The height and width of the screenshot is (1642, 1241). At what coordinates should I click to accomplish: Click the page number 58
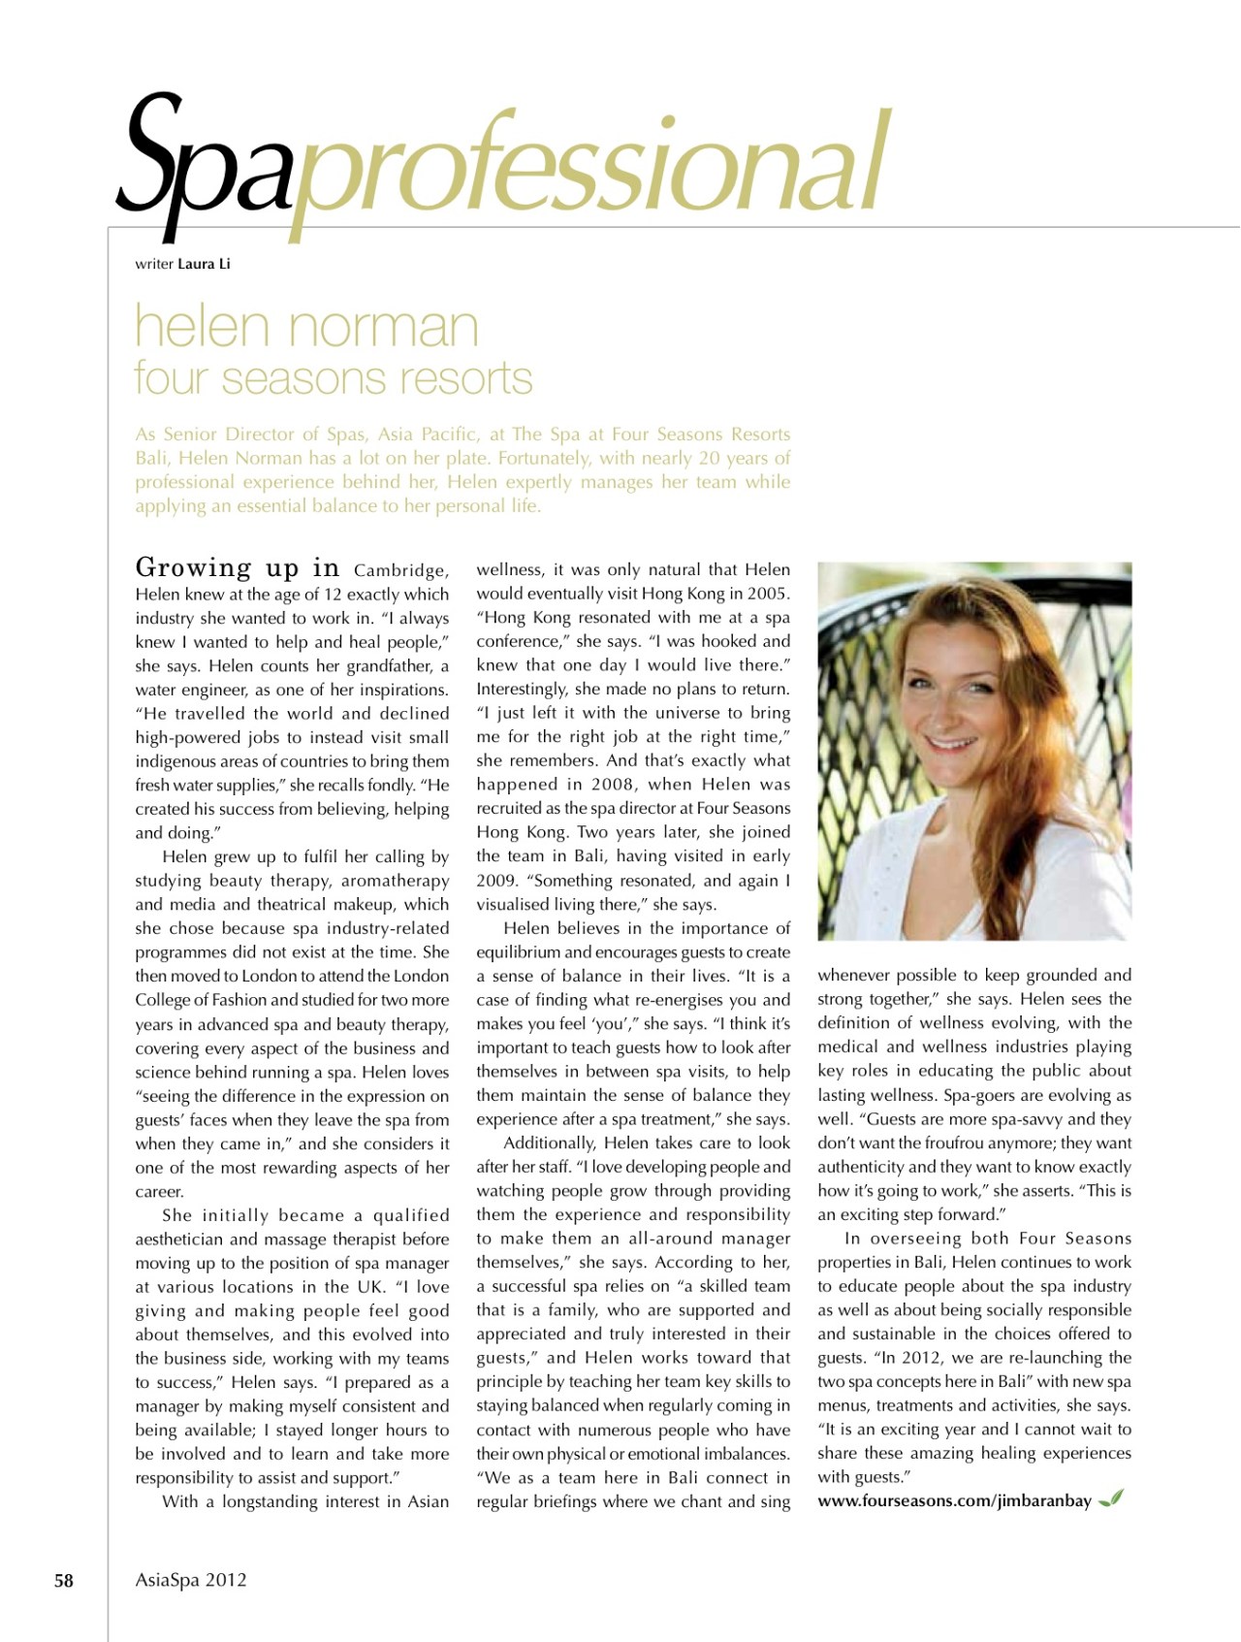63,1581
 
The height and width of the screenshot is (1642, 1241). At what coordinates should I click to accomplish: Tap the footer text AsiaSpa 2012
191,1580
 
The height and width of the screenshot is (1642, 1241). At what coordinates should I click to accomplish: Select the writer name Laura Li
204,264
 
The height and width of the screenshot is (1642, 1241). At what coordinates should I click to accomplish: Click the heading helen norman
306,327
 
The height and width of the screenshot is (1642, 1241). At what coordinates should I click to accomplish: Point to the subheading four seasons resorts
334,378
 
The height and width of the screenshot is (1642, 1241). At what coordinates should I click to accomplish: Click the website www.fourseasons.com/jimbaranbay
954,1501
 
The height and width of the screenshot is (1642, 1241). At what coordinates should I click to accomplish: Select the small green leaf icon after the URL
1111,1499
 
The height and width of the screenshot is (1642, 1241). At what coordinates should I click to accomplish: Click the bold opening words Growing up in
238,567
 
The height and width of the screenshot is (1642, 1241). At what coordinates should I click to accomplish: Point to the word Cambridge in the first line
400,570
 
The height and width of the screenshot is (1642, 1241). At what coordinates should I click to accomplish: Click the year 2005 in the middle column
769,594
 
